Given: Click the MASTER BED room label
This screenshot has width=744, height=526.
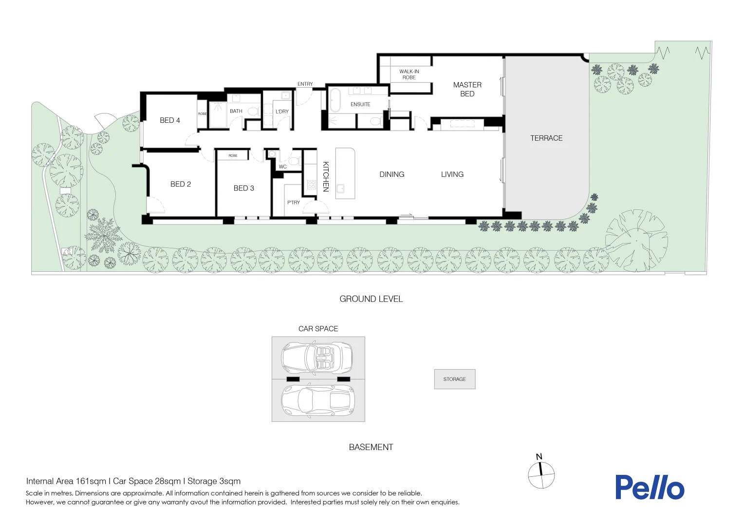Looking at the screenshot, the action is tap(467, 90).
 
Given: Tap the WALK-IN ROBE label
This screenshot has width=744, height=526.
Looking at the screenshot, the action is tap(409, 75).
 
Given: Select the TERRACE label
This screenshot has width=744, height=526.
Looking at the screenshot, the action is tap(546, 138).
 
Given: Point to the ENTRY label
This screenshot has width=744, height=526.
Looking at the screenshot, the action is tap(305, 84).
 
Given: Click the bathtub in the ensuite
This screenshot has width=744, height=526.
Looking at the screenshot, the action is tap(335, 100).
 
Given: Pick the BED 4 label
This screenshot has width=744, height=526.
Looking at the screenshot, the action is tap(170, 120).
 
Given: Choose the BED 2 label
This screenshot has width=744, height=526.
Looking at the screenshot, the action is tap(180, 184).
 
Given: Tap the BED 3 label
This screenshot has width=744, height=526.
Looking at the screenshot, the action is tap(243, 188).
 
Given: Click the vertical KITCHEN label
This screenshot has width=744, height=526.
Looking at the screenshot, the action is tap(326, 176).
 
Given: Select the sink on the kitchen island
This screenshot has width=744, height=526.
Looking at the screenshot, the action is tap(340, 189).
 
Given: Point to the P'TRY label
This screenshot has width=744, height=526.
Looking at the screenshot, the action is tap(293, 202).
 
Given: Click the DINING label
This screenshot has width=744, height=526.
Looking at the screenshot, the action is tap(391, 174).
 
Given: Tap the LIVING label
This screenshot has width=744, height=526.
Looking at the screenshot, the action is tap(452, 174).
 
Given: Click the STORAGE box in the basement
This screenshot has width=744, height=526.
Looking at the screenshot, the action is tap(455, 379).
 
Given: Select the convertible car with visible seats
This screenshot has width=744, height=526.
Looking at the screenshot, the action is tap(316, 357).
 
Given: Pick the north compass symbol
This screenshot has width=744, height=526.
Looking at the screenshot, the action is tap(541, 472).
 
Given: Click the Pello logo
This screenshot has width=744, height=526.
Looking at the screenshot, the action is tap(650, 487).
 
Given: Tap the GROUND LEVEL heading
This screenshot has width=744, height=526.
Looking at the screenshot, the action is tap(371, 299).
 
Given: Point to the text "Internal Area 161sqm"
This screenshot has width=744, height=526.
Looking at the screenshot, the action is tap(66, 481).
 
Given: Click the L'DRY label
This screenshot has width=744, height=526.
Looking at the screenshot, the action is tap(282, 112).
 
